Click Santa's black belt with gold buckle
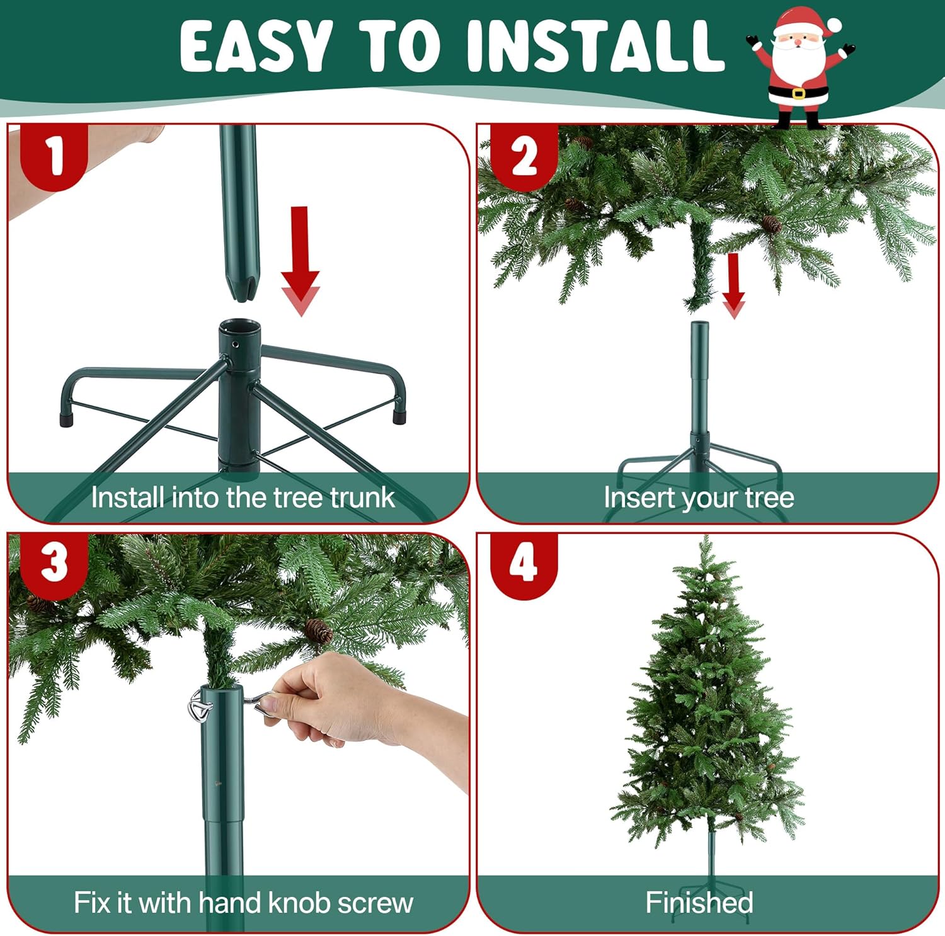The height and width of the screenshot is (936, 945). pos(798,93)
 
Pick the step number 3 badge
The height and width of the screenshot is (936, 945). pos(54,562)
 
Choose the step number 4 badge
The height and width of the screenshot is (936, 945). pos(524,562)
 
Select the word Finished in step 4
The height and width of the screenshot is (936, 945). pos(699,903)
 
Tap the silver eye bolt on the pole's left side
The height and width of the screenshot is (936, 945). pos(200,707)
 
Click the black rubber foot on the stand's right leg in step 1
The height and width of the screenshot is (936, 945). pos(398,416)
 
